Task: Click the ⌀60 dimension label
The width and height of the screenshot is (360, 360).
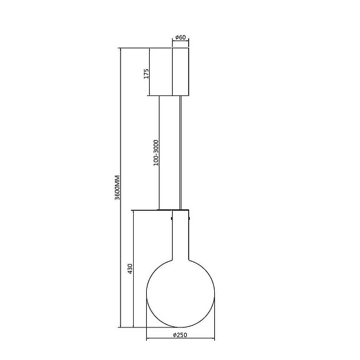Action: point(181,37)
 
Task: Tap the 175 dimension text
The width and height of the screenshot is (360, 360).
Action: point(146,74)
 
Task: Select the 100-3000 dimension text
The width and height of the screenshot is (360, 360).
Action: point(156,153)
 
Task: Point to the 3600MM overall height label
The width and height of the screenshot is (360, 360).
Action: point(117,187)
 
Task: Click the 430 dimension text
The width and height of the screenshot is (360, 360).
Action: point(130,269)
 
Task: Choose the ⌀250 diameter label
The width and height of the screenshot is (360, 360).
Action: point(180,335)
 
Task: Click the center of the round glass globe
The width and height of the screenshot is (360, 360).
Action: point(181,293)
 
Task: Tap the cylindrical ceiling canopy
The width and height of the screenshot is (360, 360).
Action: point(181,71)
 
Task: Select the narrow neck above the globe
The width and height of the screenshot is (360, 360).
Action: point(181,235)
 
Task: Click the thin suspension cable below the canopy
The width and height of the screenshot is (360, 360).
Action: point(181,153)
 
